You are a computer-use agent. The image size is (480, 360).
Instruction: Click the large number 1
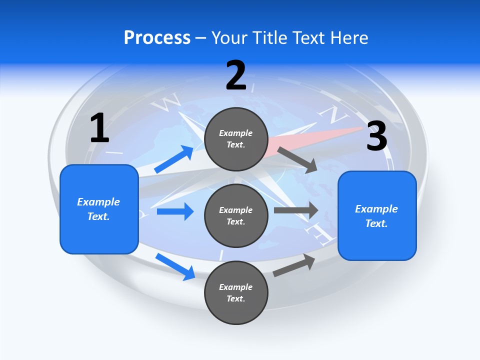pos(99,128)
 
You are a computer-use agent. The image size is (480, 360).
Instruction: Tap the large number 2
pos(236,75)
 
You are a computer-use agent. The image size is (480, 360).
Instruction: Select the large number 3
pos(376,136)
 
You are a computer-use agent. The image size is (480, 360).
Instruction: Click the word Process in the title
pos(157,37)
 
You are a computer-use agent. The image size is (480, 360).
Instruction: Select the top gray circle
pos(236,139)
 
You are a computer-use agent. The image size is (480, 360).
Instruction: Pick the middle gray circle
pos(236,215)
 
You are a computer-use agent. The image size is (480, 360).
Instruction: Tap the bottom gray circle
pos(236,292)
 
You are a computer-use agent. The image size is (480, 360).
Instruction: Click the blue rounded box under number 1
pos(99,209)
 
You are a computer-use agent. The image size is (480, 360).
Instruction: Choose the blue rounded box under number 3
pos(377,215)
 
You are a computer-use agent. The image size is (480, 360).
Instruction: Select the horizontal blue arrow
pos(175,211)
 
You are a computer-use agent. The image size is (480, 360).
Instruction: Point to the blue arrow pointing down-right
pos(175,266)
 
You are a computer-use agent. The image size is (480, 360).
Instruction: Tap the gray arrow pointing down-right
pos(297,159)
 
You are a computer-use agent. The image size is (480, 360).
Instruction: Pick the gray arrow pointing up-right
pos(294,265)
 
